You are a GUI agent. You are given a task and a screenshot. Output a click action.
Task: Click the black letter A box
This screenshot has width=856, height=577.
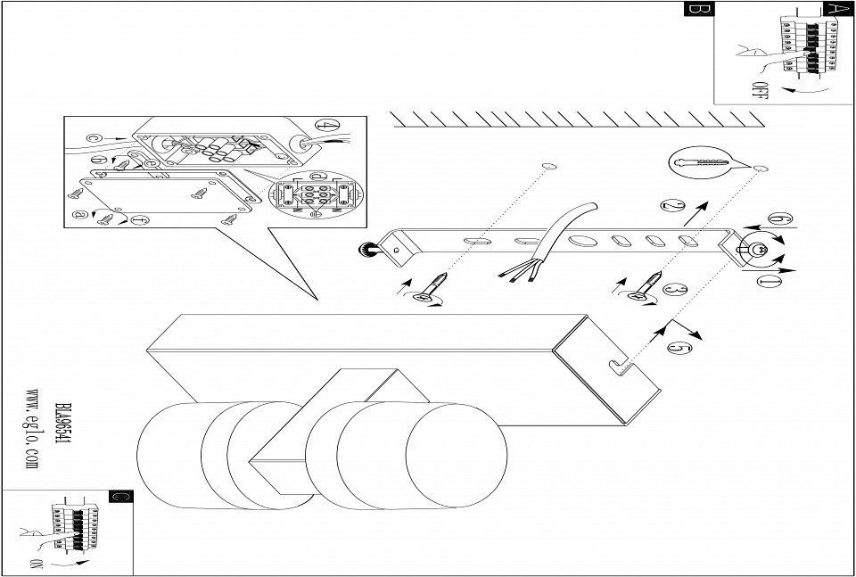point(835,9)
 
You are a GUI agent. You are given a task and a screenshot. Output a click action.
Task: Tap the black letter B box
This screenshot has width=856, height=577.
point(697,10)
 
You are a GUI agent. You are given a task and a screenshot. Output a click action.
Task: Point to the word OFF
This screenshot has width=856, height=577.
point(759,91)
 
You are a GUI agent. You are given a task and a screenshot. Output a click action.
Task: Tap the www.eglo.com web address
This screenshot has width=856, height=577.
point(33,427)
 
